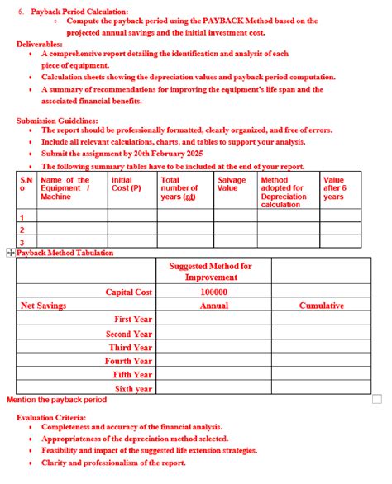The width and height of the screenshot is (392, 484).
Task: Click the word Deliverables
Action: [x=40, y=43]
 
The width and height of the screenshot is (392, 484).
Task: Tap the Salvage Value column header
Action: [x=231, y=184]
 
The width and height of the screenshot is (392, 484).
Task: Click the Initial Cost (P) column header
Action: [x=125, y=184]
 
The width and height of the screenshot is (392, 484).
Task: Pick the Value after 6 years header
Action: [x=333, y=188]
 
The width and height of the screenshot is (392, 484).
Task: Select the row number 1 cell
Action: [x=22, y=216]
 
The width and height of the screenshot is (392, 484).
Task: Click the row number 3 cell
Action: [x=22, y=242]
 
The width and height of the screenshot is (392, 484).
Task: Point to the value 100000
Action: [x=214, y=292]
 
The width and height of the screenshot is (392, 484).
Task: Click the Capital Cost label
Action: [x=128, y=292]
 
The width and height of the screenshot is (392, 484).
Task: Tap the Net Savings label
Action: [x=43, y=306]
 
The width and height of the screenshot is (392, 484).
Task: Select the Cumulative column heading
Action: [x=321, y=306]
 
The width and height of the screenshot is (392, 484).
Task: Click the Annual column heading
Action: [x=214, y=306]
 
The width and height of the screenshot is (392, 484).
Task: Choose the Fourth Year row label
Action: [x=129, y=361]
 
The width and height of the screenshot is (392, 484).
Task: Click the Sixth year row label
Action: [x=133, y=389]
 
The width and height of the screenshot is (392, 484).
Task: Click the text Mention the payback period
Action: [x=56, y=400]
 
